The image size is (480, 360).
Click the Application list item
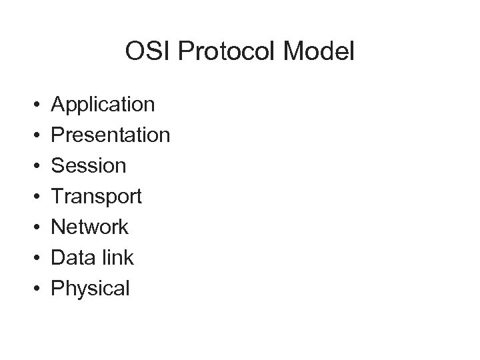[103, 105]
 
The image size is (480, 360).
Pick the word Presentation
[111, 135]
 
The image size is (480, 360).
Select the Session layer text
[89, 166]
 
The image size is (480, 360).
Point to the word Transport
[97, 197]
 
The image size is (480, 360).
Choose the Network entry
[90, 227]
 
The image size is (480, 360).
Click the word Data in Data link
[71, 258]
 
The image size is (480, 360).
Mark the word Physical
[91, 289]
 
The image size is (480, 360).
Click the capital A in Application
[58, 104]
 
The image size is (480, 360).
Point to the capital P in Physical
[58, 288]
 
